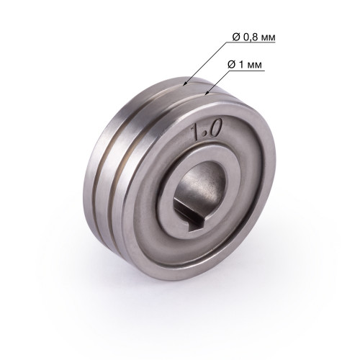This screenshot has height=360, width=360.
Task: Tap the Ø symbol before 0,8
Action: [237, 37]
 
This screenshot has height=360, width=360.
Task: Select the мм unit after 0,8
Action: [269, 38]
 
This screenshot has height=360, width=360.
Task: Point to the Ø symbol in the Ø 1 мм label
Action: [232, 64]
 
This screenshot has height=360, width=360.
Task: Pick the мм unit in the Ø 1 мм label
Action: [255, 66]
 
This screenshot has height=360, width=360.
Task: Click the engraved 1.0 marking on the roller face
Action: [206, 130]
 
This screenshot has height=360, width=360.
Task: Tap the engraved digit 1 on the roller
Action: [196, 132]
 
